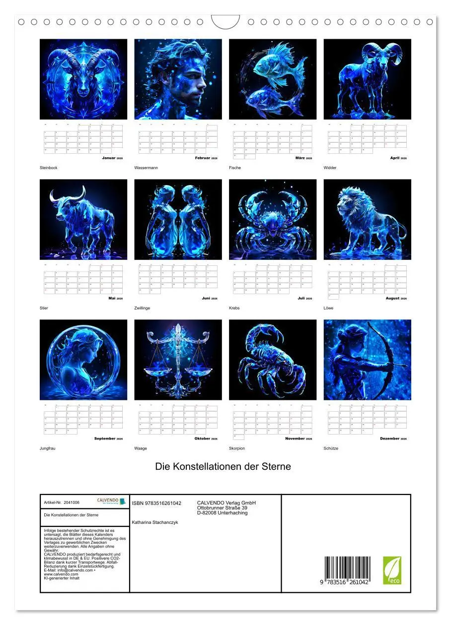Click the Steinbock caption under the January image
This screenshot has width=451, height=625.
coord(49,168)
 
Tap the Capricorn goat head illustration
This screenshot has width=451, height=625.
coord(83,79)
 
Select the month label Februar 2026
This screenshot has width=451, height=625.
coord(206,158)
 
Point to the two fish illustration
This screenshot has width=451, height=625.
coord(273,79)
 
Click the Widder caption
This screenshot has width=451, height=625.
coord(330,168)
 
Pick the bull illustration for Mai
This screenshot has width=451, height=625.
coord(83,219)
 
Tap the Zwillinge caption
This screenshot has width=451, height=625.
coord(142,308)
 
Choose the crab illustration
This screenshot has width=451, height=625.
coord(273,219)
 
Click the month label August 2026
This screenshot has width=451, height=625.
coord(396,298)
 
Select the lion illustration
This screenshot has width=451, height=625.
coord(367,219)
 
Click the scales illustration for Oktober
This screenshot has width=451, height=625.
coord(178,360)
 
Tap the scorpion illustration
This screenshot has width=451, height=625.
coord(273,360)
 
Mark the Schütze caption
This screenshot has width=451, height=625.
coord(331,448)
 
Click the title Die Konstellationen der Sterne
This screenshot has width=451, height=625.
coord(223,467)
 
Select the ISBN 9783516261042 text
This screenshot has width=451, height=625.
coord(156,503)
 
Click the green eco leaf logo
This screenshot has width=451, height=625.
coord(392,570)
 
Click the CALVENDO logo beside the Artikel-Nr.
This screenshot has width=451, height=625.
coord(111,502)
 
